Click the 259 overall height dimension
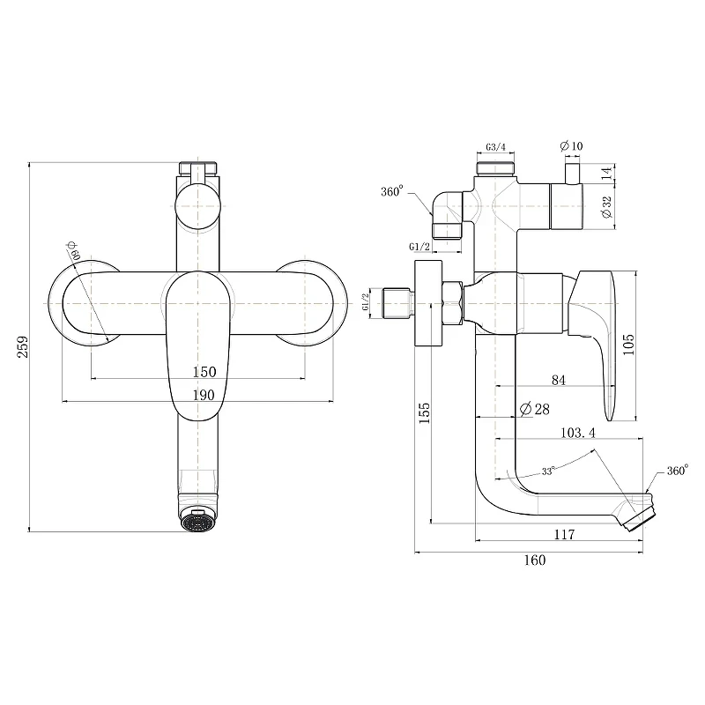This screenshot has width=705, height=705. [x=23, y=346]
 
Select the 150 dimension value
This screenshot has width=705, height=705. [x=204, y=372]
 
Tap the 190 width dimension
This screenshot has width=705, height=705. [x=204, y=395]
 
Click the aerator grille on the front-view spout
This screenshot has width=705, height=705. [x=197, y=523]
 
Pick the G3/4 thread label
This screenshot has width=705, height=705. [x=495, y=147]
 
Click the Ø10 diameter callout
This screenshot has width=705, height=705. [x=571, y=145]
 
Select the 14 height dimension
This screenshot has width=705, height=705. [x=607, y=172]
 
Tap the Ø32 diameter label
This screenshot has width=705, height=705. [x=607, y=207]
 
